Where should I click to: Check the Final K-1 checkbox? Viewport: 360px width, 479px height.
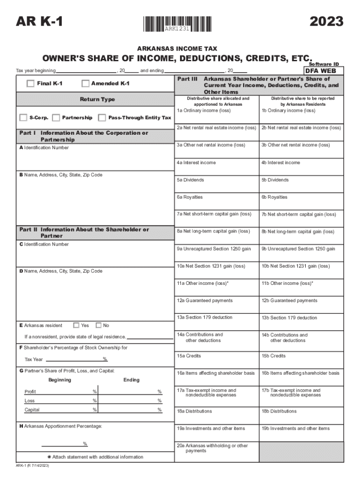click(30, 84)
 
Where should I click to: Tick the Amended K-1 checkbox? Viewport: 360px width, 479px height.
click(85, 84)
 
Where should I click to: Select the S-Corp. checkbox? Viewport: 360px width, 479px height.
click(23, 117)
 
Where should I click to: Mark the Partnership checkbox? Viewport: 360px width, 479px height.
click(56, 117)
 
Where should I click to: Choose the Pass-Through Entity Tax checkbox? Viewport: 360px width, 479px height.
click(102, 117)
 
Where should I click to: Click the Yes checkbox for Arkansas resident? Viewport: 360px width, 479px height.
click(76, 325)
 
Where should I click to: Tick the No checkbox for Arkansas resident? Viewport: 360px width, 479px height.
click(98, 325)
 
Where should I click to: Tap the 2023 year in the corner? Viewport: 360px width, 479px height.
click(326, 22)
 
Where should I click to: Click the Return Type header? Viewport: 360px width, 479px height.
click(97, 100)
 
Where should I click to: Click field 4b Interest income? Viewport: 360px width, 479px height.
click(301, 167)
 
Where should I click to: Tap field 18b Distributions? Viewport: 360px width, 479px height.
click(301, 416)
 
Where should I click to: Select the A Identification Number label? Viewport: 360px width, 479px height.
click(44, 148)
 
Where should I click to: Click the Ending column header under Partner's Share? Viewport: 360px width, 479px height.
click(131, 380)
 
